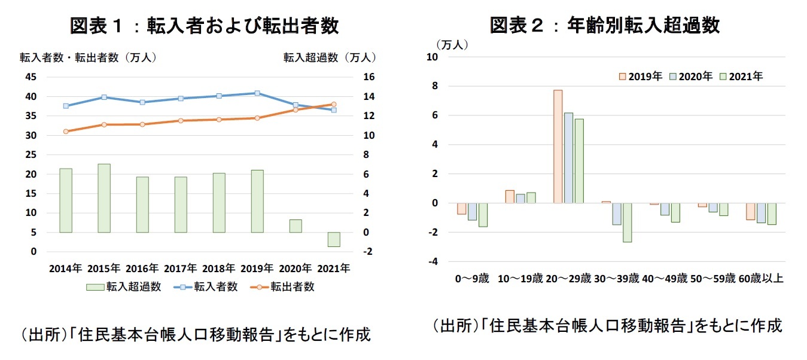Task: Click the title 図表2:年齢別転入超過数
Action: (604, 26)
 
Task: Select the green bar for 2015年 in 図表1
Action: (104, 198)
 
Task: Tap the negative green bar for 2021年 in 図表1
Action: (333, 239)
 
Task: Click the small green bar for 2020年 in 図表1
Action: (296, 226)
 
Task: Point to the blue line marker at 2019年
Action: (257, 93)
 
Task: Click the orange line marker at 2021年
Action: (334, 105)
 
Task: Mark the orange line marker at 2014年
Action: (66, 132)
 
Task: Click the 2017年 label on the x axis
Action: (181, 269)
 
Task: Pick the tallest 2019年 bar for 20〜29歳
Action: (558, 147)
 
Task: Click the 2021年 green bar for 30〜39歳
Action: (627, 222)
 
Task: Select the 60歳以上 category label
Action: (761, 279)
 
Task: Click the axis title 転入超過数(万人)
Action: (330, 57)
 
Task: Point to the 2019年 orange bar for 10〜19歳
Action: (510, 197)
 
